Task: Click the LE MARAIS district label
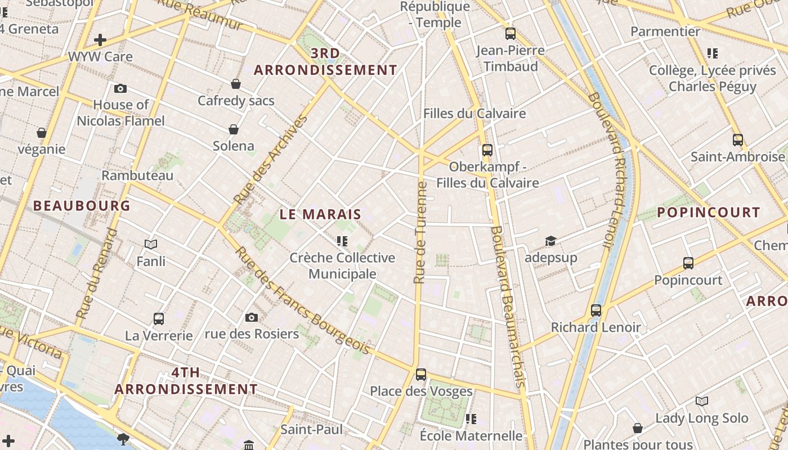pyautogui.click(x=320, y=214)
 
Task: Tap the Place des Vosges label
pyautogui.click(x=421, y=391)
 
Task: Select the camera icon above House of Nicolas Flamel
pyautogui.click(x=120, y=88)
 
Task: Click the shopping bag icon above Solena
pyautogui.click(x=234, y=129)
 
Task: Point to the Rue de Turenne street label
pyautogui.click(x=420, y=232)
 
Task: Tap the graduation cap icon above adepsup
pyautogui.click(x=550, y=241)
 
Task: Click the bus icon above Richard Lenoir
pyautogui.click(x=596, y=310)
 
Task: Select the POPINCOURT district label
pyautogui.click(x=709, y=213)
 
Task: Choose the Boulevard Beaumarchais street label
pyautogui.click(x=508, y=307)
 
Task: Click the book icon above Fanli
pyautogui.click(x=151, y=244)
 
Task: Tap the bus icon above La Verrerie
pyautogui.click(x=159, y=319)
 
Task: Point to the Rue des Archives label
pyautogui.click(x=271, y=159)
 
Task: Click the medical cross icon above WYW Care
pyautogui.click(x=100, y=40)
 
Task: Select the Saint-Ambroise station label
pyautogui.click(x=737, y=156)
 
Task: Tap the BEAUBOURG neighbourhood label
pyautogui.click(x=82, y=206)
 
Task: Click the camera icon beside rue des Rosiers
pyautogui.click(x=252, y=318)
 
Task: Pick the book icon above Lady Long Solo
pyautogui.click(x=701, y=401)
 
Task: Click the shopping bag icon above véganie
pyautogui.click(x=42, y=133)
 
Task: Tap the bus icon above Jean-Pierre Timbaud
pyautogui.click(x=511, y=34)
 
